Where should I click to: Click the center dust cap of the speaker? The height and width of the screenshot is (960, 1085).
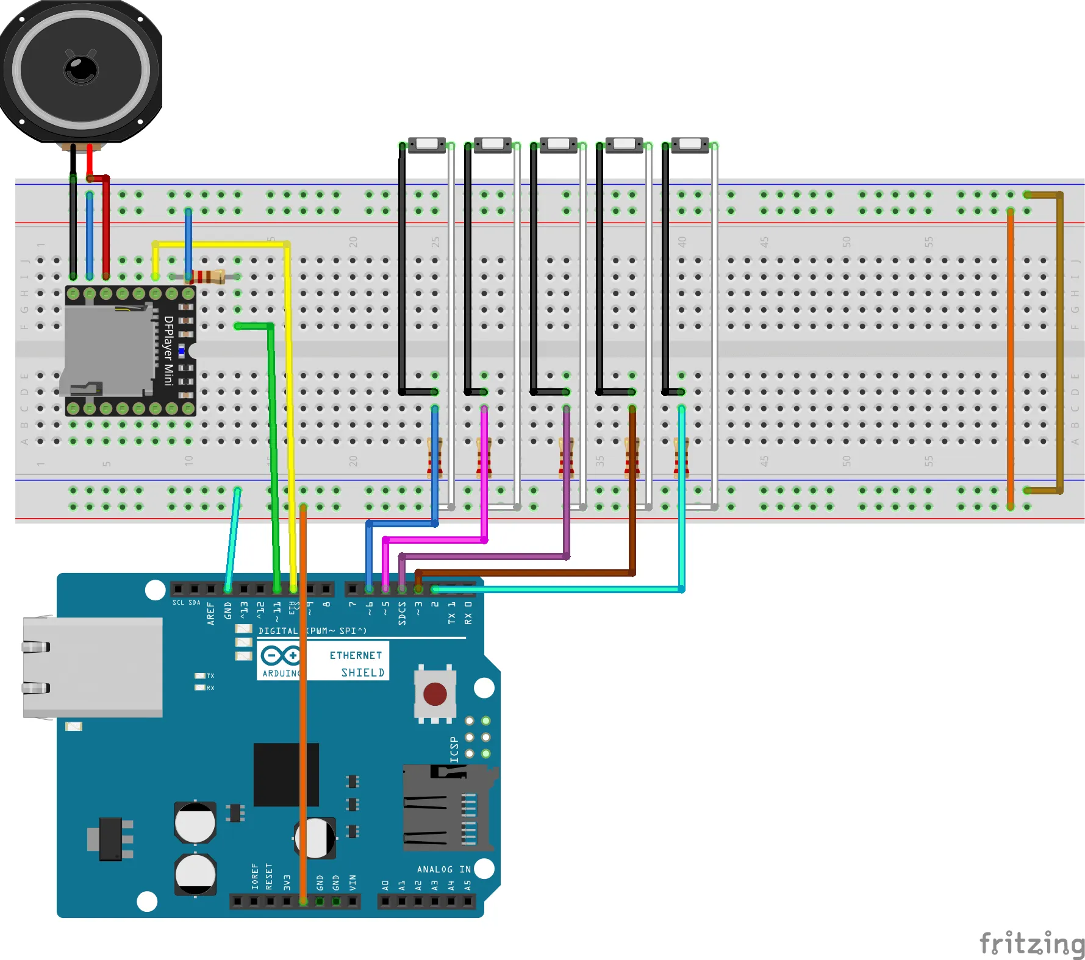point(81,69)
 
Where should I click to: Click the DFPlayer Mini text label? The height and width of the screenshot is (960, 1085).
point(169,350)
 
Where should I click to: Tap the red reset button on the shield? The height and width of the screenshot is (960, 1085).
point(435,694)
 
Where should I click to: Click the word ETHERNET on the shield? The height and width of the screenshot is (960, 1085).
point(356,655)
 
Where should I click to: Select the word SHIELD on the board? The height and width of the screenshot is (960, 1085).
point(363,672)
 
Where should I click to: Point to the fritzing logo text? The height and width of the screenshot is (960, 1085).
point(1031,944)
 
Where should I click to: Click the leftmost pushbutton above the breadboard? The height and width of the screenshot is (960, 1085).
point(427,144)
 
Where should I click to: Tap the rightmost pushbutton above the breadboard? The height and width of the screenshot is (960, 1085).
point(690,144)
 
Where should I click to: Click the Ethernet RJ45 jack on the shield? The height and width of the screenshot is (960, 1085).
point(93,667)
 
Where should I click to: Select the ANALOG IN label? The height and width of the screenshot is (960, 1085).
point(443,869)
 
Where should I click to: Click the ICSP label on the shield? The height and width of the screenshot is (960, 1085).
point(454,749)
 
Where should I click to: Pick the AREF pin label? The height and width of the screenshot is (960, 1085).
point(211,613)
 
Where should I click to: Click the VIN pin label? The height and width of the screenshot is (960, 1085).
point(353,883)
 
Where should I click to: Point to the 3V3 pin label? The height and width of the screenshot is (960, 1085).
point(287,883)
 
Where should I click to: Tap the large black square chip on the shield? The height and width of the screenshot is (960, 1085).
point(286,774)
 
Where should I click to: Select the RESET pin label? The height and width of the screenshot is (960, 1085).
point(270,876)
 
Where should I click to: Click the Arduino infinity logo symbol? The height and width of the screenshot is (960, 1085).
point(281,656)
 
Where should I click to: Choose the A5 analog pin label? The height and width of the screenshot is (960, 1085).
point(468,884)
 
